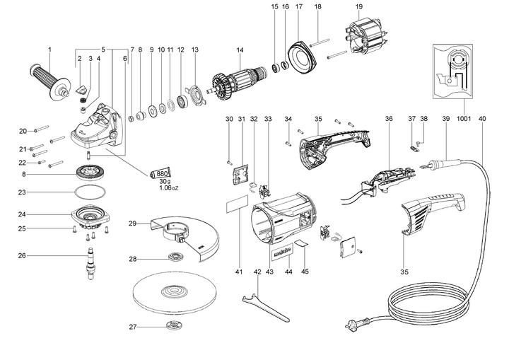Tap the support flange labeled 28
172,257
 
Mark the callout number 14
240,50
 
